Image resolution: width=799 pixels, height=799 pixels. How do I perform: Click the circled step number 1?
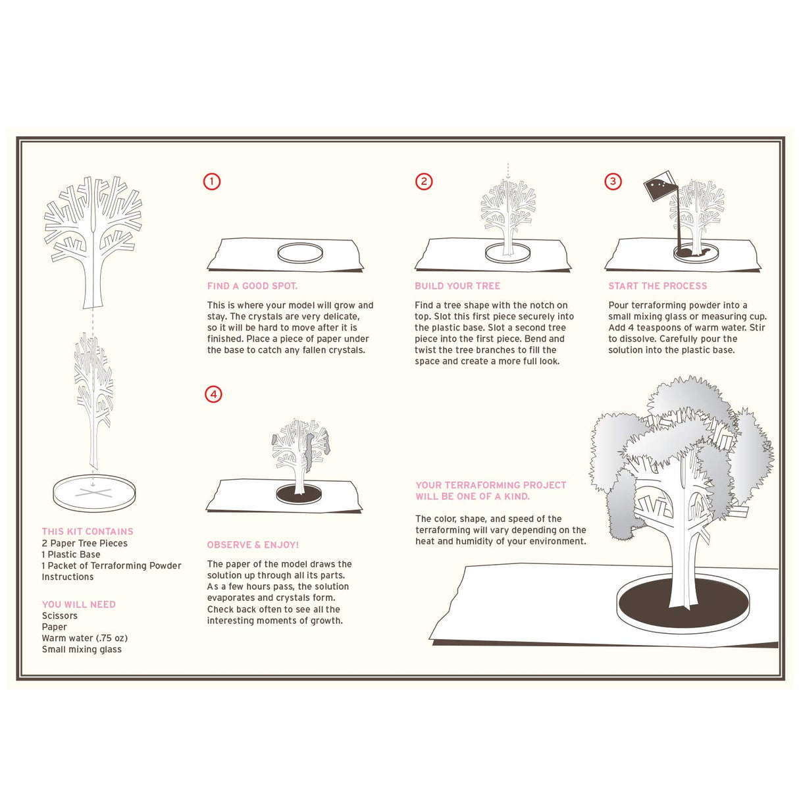click(x=211, y=182)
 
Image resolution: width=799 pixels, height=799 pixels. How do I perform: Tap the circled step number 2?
click(x=424, y=182)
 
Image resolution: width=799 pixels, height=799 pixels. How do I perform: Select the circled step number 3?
click(x=613, y=182)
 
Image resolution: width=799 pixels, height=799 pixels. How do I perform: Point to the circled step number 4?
click(x=213, y=394)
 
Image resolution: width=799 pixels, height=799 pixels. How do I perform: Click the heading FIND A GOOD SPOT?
click(x=252, y=286)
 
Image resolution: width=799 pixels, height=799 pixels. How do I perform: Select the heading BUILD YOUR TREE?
click(x=457, y=286)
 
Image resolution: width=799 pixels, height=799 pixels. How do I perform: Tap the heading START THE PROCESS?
click(x=657, y=286)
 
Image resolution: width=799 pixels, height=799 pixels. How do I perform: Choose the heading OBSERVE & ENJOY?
click(x=253, y=545)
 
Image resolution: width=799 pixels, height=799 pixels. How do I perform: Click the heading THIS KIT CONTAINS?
click(x=88, y=532)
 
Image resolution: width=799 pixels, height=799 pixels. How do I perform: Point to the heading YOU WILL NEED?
click(x=78, y=605)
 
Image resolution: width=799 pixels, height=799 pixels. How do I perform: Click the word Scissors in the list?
click(x=59, y=616)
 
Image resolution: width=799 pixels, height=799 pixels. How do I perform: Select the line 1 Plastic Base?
click(x=71, y=555)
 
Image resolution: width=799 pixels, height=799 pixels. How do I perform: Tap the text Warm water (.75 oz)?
click(x=85, y=638)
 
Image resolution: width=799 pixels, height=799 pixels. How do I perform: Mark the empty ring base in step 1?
click(x=300, y=253)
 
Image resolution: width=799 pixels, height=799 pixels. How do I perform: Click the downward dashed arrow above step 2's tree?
click(x=508, y=171)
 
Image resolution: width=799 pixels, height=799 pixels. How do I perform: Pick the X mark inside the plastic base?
click(x=93, y=492)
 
